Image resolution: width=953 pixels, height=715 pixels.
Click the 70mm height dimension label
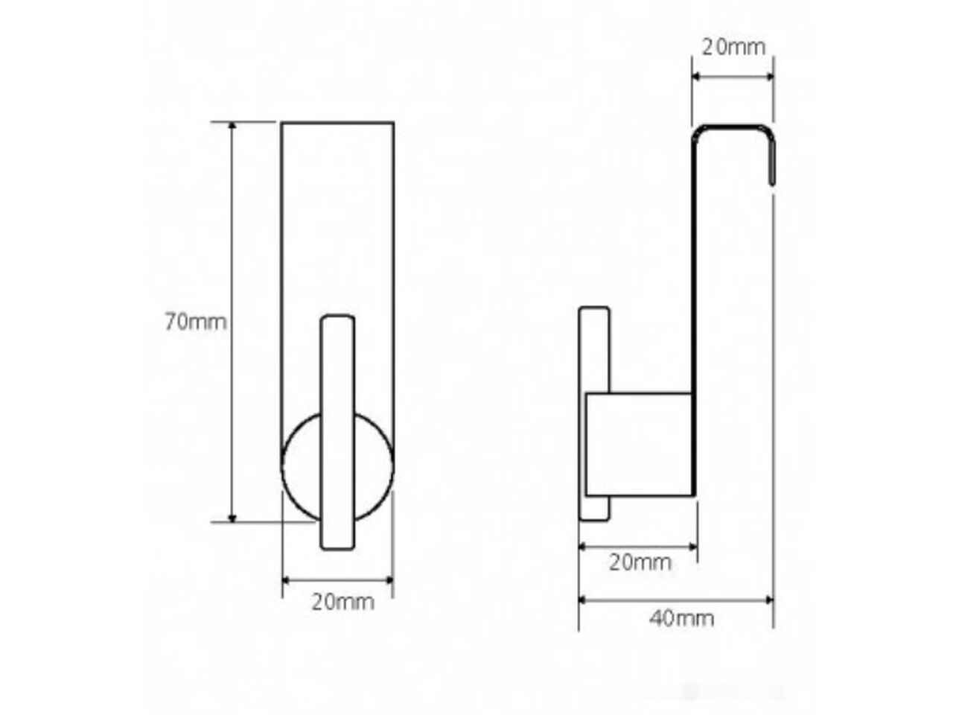[x=196, y=322]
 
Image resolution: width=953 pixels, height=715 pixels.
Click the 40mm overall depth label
[x=681, y=619]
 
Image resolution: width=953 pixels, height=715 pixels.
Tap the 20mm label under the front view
[x=342, y=602]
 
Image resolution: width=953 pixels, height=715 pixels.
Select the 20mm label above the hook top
[x=733, y=48]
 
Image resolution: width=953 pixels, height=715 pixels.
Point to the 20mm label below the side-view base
[x=640, y=562]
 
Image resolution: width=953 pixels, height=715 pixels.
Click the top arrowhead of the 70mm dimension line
[x=232, y=126]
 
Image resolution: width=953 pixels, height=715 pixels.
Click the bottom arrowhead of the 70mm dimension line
[x=232, y=518]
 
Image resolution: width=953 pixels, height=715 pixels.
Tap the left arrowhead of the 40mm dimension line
[x=583, y=600]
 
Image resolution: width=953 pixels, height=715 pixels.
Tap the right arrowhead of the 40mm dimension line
[x=769, y=600]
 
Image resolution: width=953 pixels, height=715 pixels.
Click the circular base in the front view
[x=287, y=467]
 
